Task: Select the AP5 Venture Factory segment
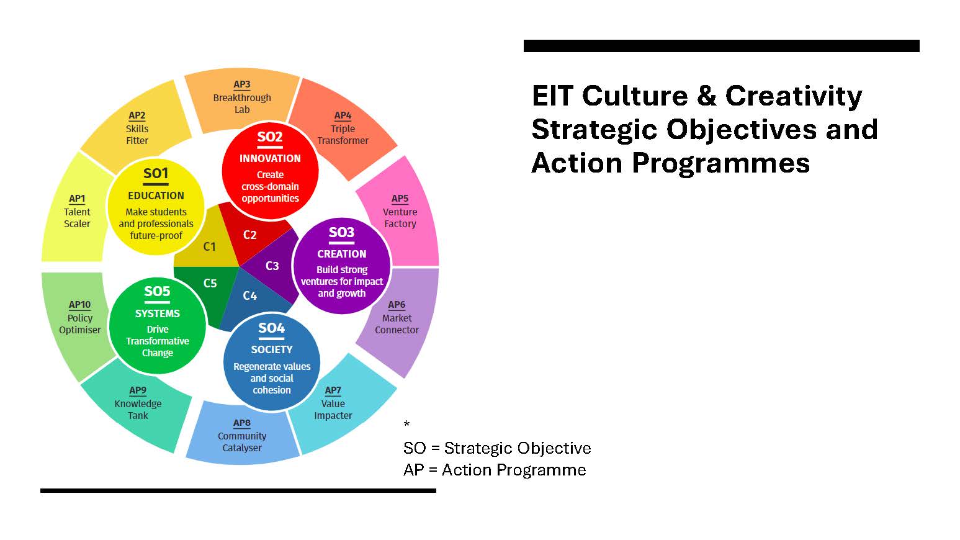400,211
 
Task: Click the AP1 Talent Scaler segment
76,211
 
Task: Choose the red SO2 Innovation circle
270,171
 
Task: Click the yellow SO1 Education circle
156,206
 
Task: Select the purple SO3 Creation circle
341,266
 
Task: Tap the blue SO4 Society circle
272,361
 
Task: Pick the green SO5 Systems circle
157,325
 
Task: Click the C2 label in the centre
250,235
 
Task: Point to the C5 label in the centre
210,283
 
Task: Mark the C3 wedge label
272,266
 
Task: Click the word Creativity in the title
794,97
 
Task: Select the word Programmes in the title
721,164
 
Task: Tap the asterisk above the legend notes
406,424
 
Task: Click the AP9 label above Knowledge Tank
138,390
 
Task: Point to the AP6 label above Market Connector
397,305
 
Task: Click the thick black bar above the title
722,46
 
